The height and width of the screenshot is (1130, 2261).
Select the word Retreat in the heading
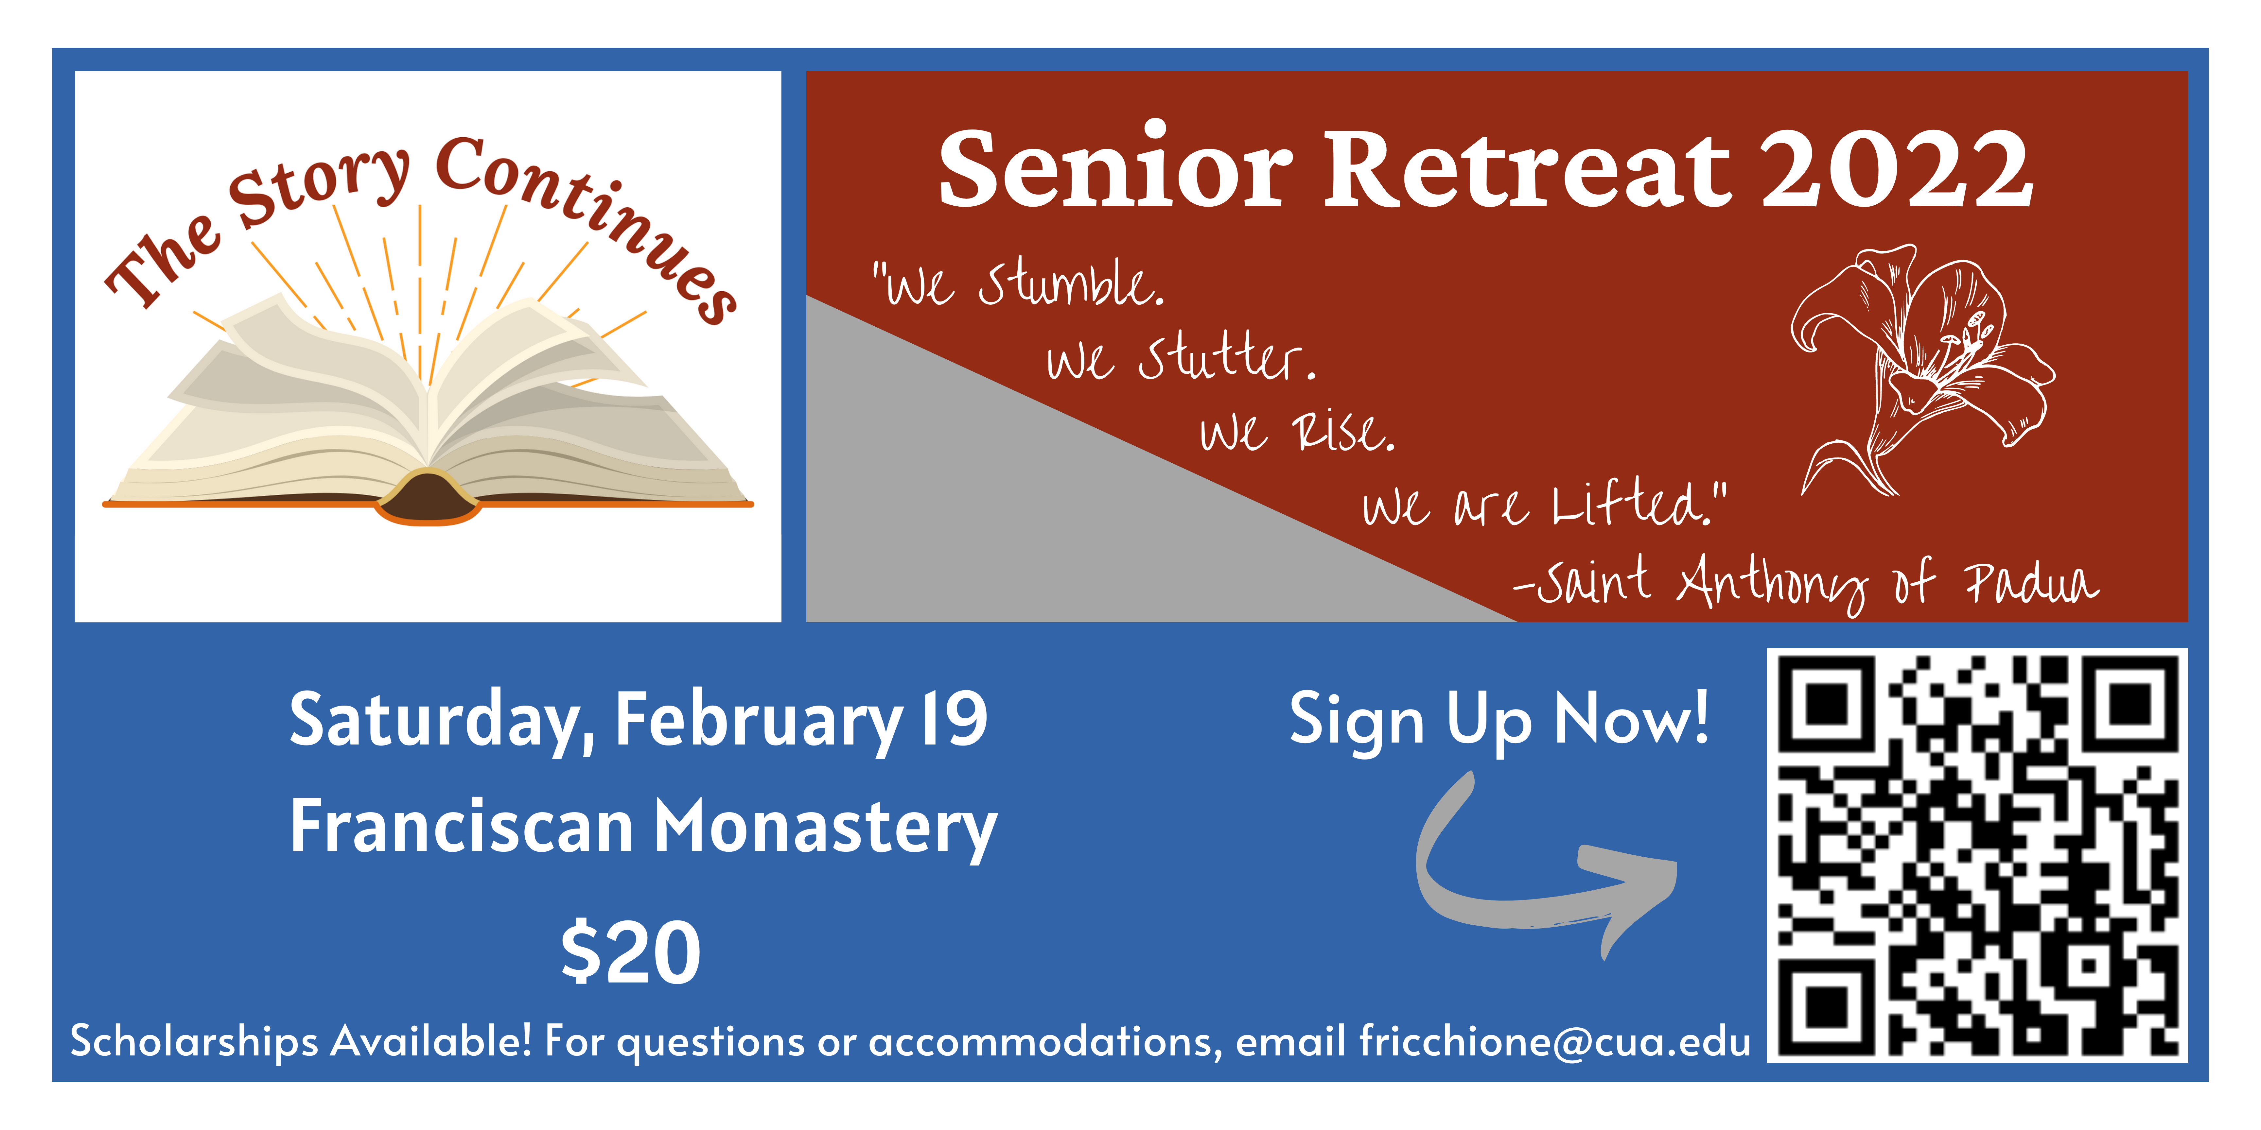click(1527, 168)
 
